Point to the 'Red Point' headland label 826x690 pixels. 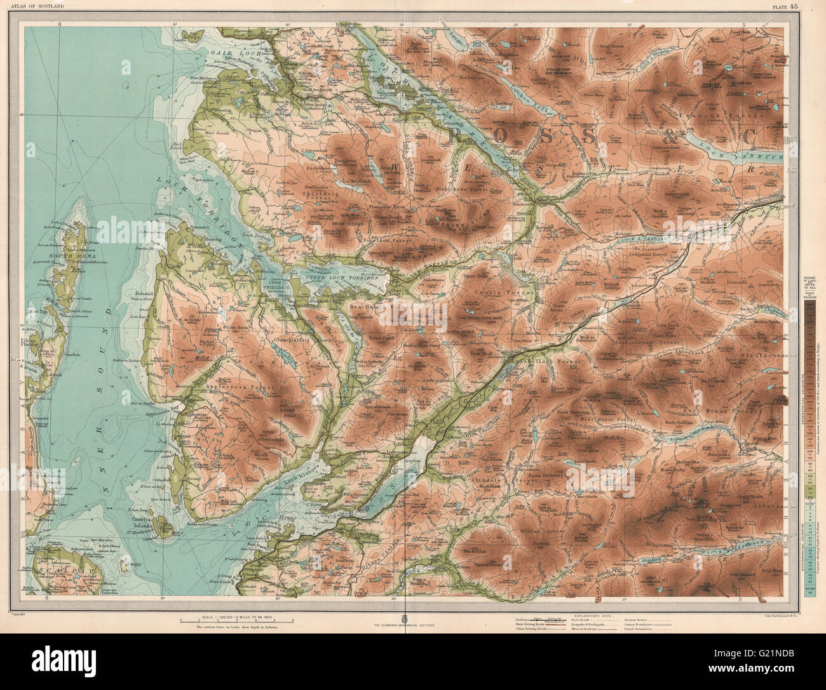180,147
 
